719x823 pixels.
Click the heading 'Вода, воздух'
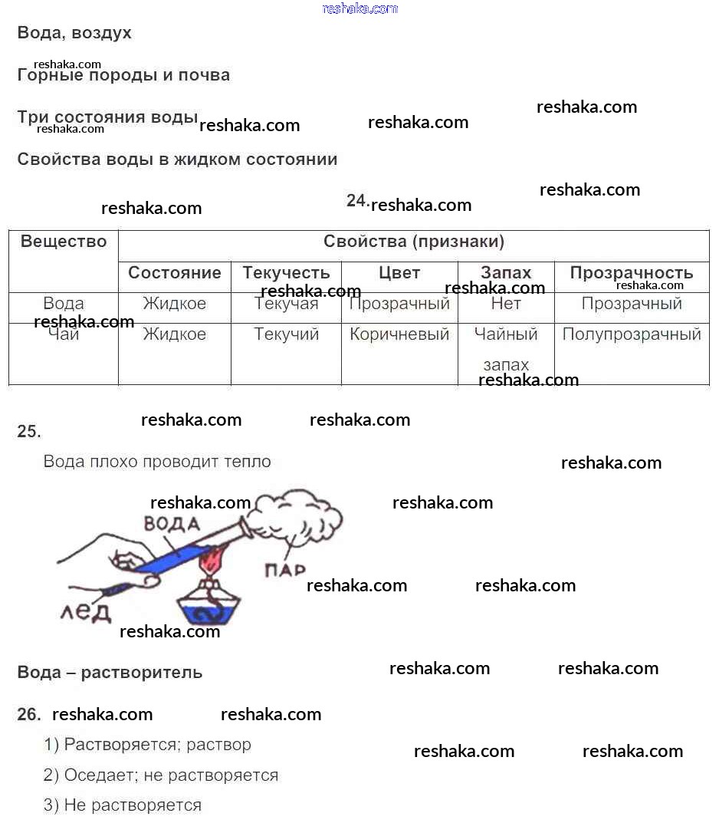coord(74,33)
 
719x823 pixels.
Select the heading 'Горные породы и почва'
coord(123,75)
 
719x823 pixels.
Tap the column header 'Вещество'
coord(64,242)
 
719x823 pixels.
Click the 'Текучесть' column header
coord(286,273)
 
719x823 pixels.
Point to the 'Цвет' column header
coord(399,273)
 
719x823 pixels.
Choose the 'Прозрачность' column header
coord(632,273)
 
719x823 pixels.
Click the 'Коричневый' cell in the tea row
coord(399,334)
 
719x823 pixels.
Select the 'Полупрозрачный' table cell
coord(632,334)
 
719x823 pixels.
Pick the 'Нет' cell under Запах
coord(506,304)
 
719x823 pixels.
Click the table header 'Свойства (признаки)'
coord(414,242)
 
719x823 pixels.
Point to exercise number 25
coord(29,432)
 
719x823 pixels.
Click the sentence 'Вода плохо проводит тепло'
coord(157,462)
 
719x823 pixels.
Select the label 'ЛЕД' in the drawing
coord(86,611)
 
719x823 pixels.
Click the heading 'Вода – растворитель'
coord(110,673)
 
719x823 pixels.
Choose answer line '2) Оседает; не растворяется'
coord(161,775)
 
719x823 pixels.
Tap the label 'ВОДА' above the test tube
coord(172,525)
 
